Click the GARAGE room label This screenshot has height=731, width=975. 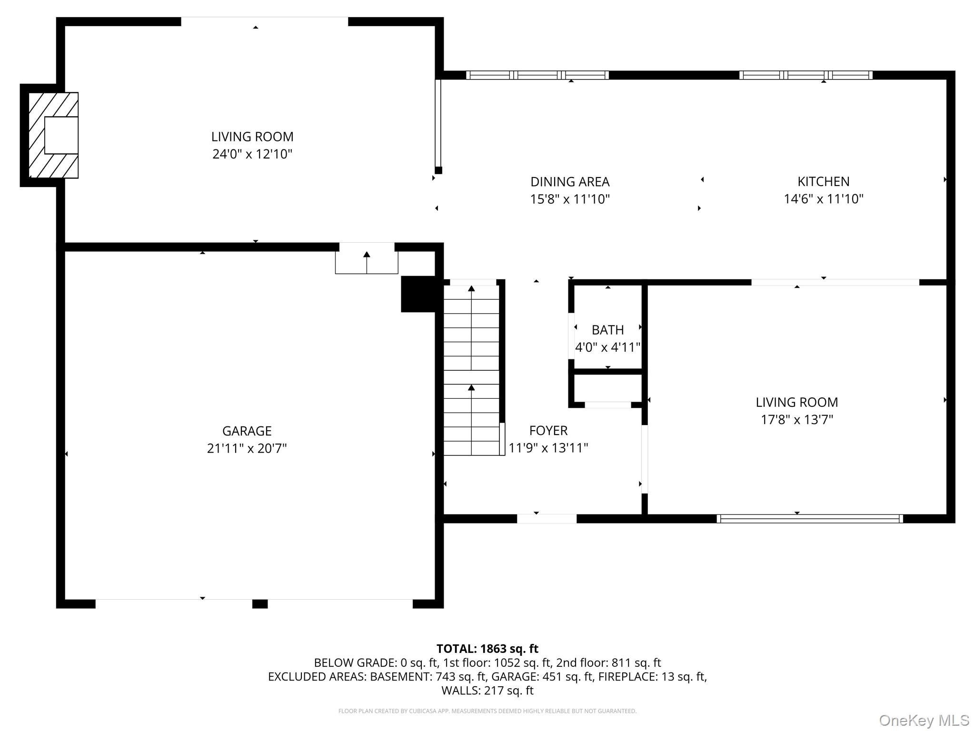click(x=247, y=431)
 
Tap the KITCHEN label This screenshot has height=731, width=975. click(x=823, y=181)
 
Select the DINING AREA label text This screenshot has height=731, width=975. click(x=570, y=182)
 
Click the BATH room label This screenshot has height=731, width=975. click(x=607, y=330)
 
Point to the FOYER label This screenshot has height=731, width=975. click(x=548, y=430)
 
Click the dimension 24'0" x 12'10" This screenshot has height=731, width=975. click(x=252, y=154)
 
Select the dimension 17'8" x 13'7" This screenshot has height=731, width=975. click(x=796, y=420)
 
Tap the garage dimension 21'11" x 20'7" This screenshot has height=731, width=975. click(x=247, y=448)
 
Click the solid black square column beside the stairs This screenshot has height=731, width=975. click(x=418, y=294)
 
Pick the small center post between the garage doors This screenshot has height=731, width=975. click(x=259, y=604)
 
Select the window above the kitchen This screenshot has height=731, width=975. click(x=806, y=75)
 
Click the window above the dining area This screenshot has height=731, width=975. click(x=537, y=75)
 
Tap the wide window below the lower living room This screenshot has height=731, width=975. click(x=809, y=519)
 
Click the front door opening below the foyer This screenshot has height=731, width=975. click(x=547, y=519)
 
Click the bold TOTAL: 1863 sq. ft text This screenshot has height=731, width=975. click(x=487, y=649)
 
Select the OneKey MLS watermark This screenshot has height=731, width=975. click(x=924, y=721)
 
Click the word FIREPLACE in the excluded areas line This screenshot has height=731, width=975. click(x=628, y=676)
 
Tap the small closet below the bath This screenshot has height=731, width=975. click(x=608, y=388)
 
